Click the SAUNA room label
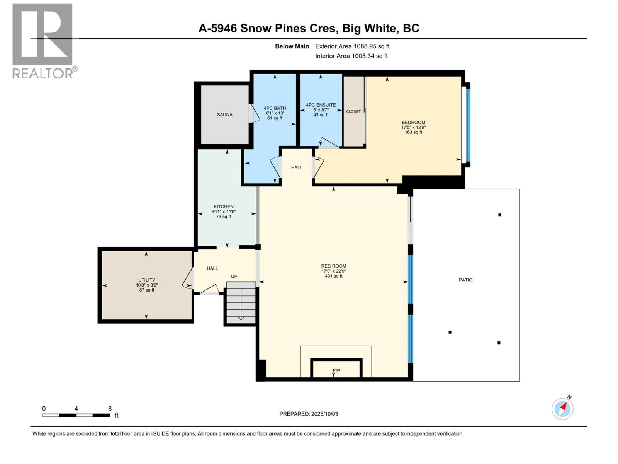pyautogui.click(x=224, y=115)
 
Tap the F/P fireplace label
pyautogui.click(x=336, y=371)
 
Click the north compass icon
pyautogui.click(x=562, y=408)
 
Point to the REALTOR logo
pyautogui.click(x=43, y=41)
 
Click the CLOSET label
pyautogui.click(x=353, y=111)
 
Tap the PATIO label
pyautogui.click(x=465, y=280)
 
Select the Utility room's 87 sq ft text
pyautogui.click(x=147, y=290)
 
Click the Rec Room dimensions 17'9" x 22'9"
pyautogui.click(x=334, y=271)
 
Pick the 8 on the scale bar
pyautogui.click(x=110, y=409)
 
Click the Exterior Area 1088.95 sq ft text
pyautogui.click(x=352, y=46)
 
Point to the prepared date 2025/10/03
pyautogui.click(x=324, y=414)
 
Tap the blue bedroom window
pyautogui.click(x=468, y=125)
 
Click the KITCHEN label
pyautogui.click(x=224, y=206)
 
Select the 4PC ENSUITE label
pyautogui.click(x=321, y=105)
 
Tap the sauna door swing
pyautogui.click(x=253, y=115)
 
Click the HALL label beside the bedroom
pyautogui.click(x=297, y=167)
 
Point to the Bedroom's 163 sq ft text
pyautogui.click(x=413, y=132)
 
